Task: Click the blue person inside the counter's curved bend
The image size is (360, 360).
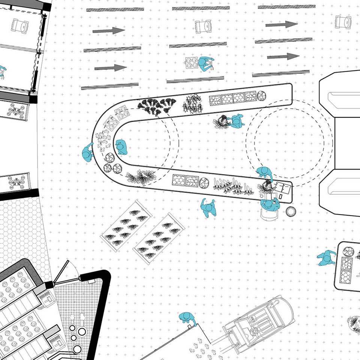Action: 121,147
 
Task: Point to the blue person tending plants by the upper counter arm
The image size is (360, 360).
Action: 235,121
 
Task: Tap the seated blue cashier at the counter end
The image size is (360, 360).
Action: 269,204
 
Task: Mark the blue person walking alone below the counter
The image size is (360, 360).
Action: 208,208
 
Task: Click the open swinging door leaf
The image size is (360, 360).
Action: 62,272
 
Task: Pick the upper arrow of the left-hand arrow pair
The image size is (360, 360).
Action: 108,30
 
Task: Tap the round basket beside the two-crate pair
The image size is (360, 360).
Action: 204,183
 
